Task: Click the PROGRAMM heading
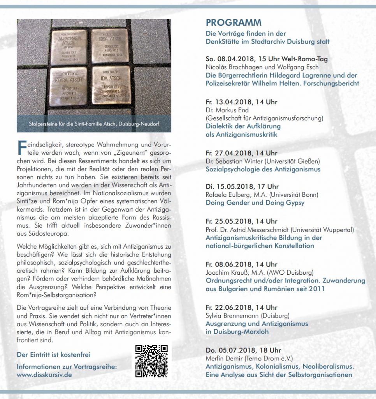click(x=234, y=22)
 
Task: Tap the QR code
click(x=151, y=361)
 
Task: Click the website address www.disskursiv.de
click(x=44, y=375)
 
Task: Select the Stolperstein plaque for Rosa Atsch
click(x=110, y=46)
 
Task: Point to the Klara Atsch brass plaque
click(x=69, y=86)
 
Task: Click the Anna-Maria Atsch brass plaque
click(x=69, y=47)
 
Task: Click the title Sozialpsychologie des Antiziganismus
click(x=263, y=169)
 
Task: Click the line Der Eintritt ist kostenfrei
click(x=54, y=355)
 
